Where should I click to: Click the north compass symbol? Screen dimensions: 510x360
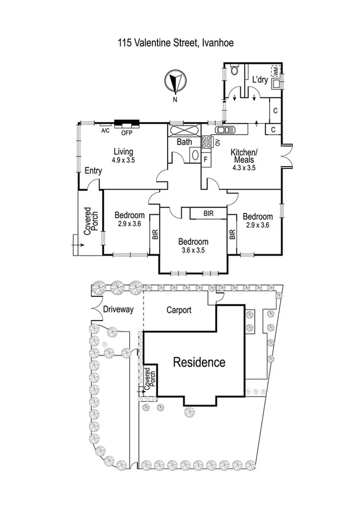(175, 82)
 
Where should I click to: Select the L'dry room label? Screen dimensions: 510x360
(260, 79)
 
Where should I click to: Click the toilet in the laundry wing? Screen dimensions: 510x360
(237, 73)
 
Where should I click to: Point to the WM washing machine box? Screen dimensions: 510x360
(276, 71)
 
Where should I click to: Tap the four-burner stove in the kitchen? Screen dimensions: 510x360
(206, 143)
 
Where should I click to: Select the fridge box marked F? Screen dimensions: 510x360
(206, 161)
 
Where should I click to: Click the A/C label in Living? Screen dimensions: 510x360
(105, 131)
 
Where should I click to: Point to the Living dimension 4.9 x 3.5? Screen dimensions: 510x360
(123, 161)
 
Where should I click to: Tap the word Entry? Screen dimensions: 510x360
(93, 171)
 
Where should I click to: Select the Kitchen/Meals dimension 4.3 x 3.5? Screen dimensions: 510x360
(243, 168)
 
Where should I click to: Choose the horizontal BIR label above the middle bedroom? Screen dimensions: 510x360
(208, 214)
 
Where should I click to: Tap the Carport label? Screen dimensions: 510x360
(178, 310)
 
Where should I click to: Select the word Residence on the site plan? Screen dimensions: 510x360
(199, 363)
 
